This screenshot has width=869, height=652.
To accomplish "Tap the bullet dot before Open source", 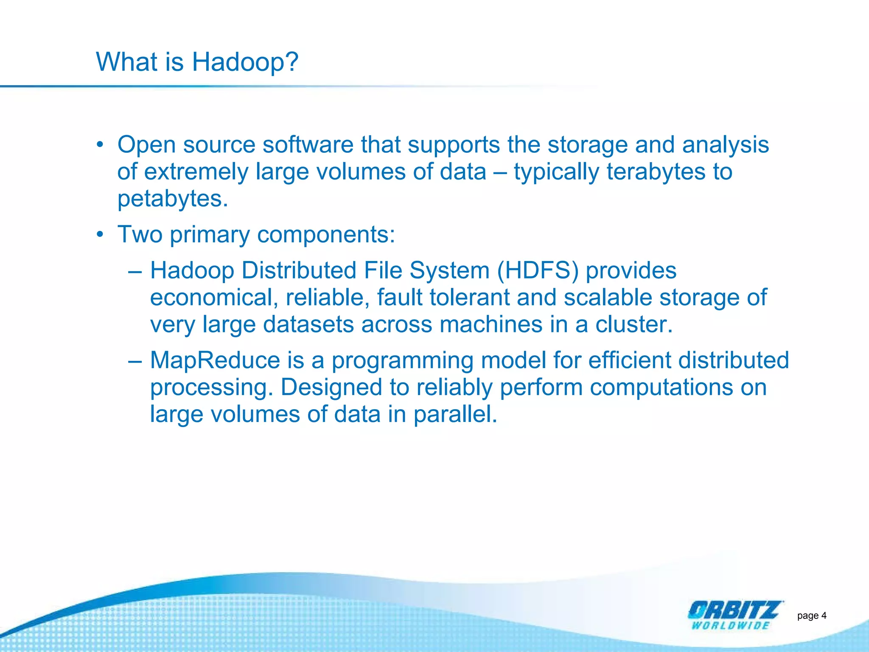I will (x=100, y=145).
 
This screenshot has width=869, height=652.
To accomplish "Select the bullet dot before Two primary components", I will (x=100, y=234).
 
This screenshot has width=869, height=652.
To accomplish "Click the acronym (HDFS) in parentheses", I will (x=538, y=270).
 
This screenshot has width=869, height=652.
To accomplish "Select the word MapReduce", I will (x=215, y=360).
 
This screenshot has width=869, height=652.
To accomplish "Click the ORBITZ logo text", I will (x=734, y=610).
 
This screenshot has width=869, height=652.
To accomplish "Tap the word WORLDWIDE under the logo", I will (x=730, y=626).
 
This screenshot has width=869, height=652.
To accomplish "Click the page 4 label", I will (x=811, y=615).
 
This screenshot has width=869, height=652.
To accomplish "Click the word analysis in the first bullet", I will (x=725, y=145).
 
